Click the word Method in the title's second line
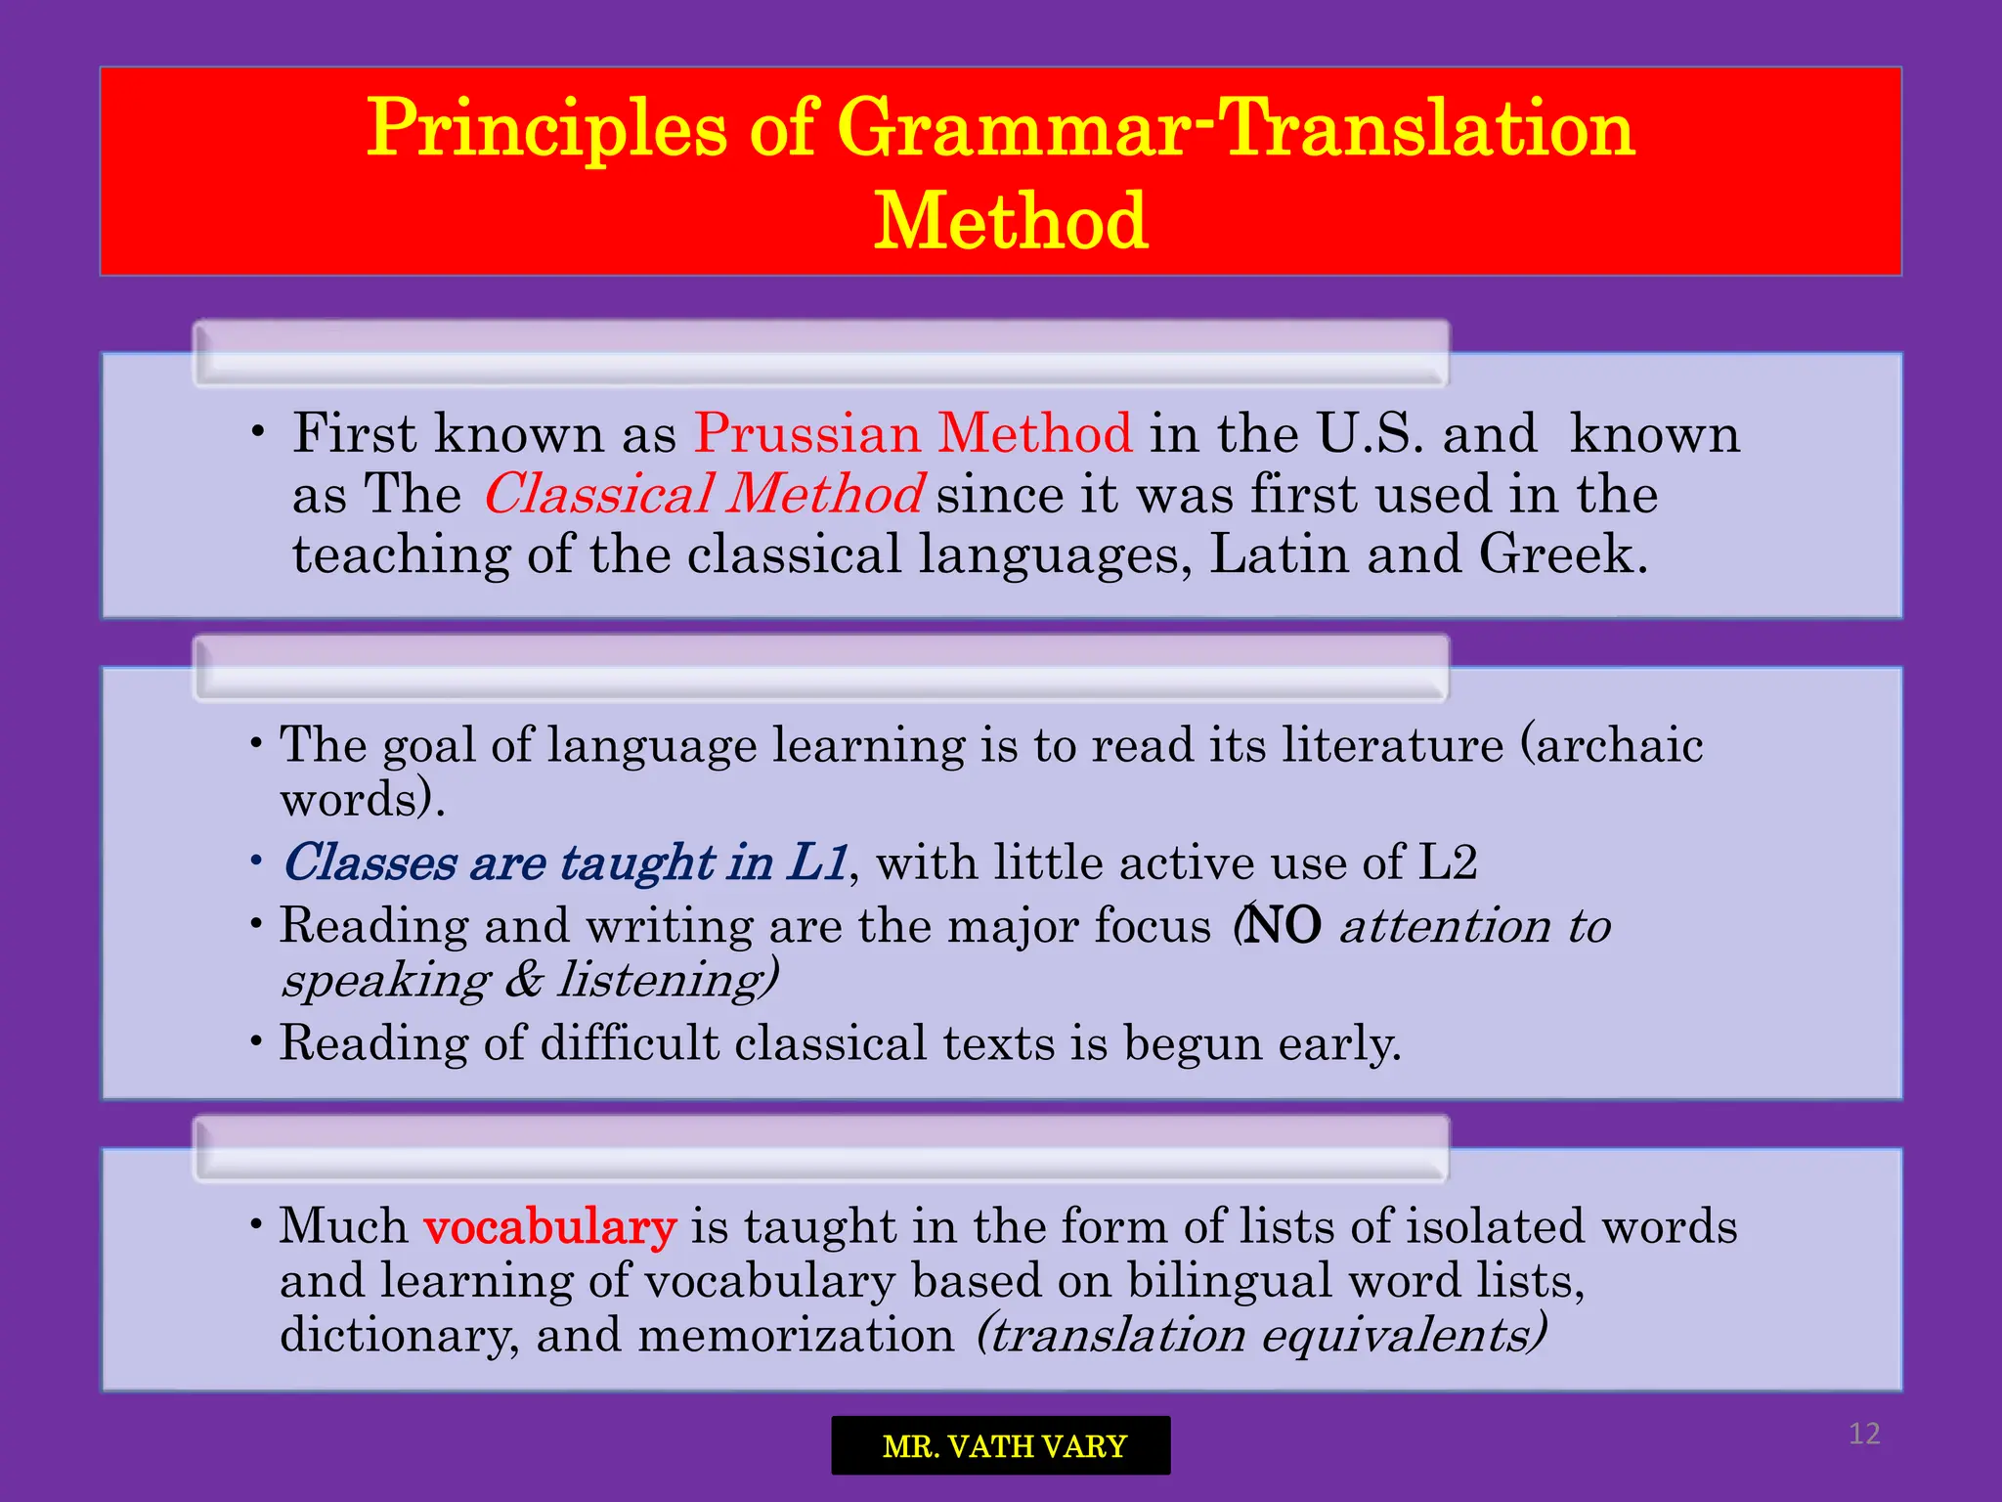click(1010, 221)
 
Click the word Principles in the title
click(546, 128)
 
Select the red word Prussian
click(807, 433)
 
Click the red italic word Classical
click(598, 494)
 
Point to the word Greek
click(1562, 554)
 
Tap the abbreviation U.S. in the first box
click(1370, 433)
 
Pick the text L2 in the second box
click(1447, 862)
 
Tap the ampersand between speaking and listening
click(524, 980)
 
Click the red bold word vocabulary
click(549, 1226)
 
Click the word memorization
click(796, 1335)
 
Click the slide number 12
click(1864, 1434)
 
